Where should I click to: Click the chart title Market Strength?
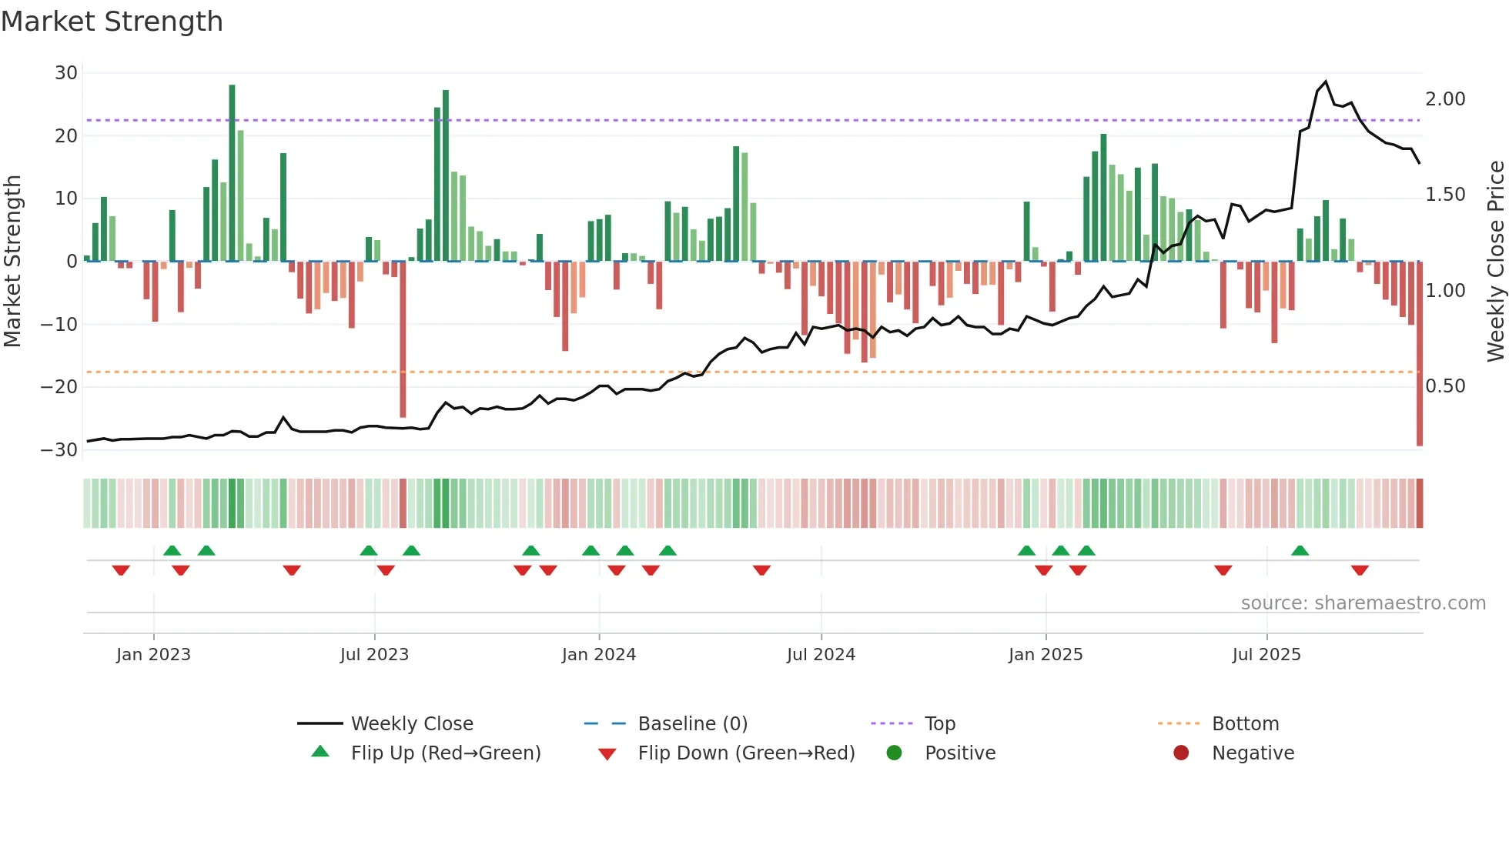[x=112, y=22]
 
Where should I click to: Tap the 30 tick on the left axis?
[x=66, y=73]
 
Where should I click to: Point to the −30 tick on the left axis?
[x=59, y=450]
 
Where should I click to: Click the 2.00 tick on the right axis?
[x=1445, y=99]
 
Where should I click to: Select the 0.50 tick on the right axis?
[x=1445, y=386]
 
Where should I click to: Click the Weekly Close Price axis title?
[x=1495, y=262]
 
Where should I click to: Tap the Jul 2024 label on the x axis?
[x=821, y=655]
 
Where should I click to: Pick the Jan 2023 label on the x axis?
[x=153, y=655]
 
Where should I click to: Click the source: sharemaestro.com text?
[x=1363, y=603]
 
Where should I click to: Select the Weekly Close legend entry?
[x=412, y=724]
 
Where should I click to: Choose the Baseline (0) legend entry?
[x=692, y=724]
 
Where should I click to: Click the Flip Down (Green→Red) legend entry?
[x=746, y=753]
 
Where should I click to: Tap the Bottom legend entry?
[x=1245, y=724]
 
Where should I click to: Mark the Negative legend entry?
[x=1253, y=753]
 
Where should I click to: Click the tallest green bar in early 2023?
[x=232, y=173]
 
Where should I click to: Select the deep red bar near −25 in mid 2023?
[x=403, y=339]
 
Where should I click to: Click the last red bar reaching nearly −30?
[x=1420, y=354]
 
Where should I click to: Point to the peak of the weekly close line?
[x=1325, y=82]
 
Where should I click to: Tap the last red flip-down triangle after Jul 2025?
[x=1360, y=570]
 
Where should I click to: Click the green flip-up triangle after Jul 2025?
[x=1300, y=551]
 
